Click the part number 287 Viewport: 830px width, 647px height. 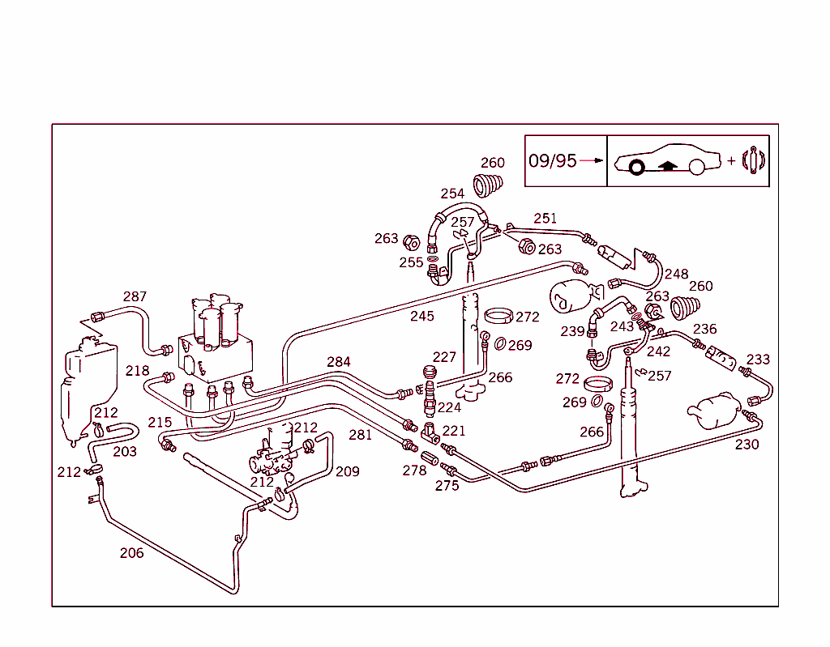[x=135, y=296]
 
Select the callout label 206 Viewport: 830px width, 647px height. [x=131, y=553]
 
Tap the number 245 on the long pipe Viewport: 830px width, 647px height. [x=421, y=316]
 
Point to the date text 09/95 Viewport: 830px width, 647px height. [x=552, y=160]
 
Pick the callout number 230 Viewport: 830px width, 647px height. [x=747, y=444]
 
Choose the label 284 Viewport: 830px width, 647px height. [x=339, y=361]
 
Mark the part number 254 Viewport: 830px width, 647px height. [x=452, y=194]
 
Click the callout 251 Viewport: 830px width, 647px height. [x=545, y=218]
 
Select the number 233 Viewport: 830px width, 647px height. [x=758, y=360]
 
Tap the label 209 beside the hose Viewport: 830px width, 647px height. [x=347, y=471]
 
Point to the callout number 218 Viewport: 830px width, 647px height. [x=137, y=371]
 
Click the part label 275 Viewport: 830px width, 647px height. [x=447, y=485]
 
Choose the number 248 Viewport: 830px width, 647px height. [x=676, y=275]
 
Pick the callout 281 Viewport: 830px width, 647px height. [x=360, y=435]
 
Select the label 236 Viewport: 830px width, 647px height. [x=704, y=329]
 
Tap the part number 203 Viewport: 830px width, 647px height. [x=124, y=451]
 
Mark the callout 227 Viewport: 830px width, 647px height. [x=444, y=357]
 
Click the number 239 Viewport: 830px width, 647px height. [x=572, y=331]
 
